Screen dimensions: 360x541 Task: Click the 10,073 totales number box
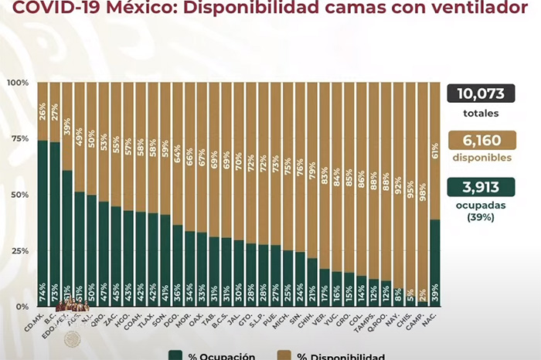(x=485, y=94)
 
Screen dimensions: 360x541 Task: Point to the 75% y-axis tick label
(x=19, y=139)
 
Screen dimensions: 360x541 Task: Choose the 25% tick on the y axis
(x=19, y=251)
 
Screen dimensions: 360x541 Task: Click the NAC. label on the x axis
(x=434, y=319)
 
